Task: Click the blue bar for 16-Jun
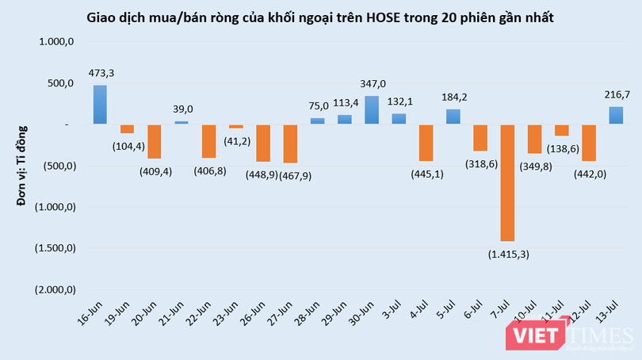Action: tap(100, 105)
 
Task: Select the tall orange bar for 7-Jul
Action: tap(506, 182)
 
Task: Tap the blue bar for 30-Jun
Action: tap(371, 110)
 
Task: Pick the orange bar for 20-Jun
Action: tap(154, 141)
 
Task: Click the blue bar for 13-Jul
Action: tap(615, 116)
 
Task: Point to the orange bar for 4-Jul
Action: tap(426, 143)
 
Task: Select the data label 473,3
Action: tap(101, 74)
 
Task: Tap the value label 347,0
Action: tap(372, 83)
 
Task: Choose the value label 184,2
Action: tap(453, 98)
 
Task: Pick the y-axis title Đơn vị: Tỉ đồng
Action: tap(24, 164)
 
